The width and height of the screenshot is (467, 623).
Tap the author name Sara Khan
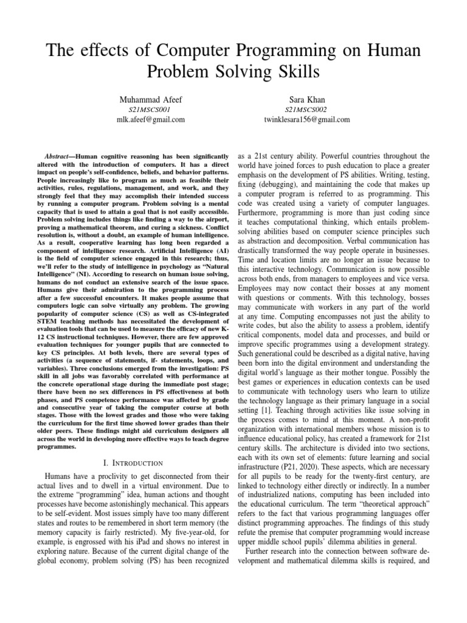pyautogui.click(x=306, y=98)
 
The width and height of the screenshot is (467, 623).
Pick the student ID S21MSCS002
pyautogui.click(x=306, y=109)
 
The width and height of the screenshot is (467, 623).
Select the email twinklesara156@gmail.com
pyautogui.click(x=306, y=120)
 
